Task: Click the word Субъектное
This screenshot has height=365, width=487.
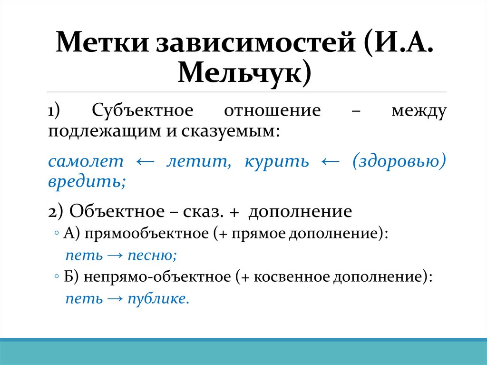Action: click(143, 111)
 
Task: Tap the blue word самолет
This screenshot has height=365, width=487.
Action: click(86, 161)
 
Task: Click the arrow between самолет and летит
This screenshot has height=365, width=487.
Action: click(145, 162)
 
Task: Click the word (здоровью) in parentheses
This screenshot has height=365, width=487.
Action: click(399, 161)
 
